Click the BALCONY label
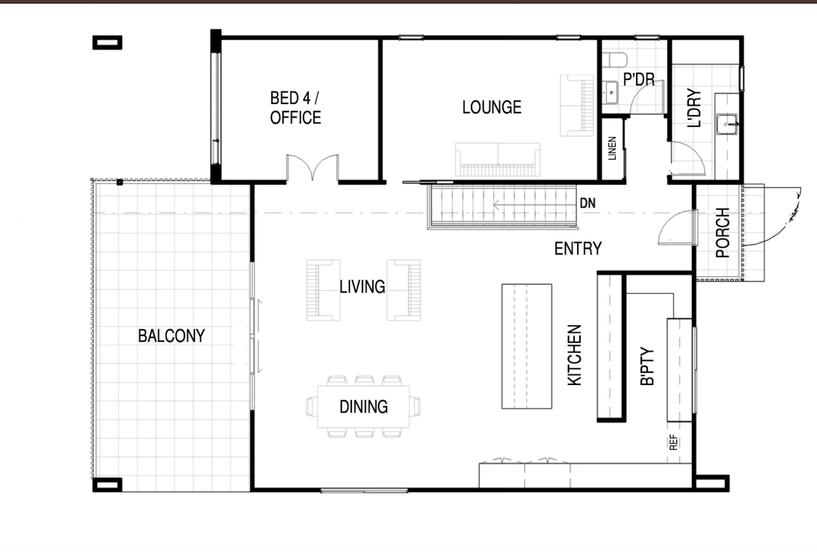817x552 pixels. [x=172, y=336]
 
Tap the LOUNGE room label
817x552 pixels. [x=491, y=107]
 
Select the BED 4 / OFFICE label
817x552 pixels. [x=295, y=107]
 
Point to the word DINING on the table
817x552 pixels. [x=364, y=407]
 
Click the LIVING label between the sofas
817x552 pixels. [x=362, y=287]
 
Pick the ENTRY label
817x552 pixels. [x=578, y=249]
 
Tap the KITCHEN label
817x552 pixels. [x=574, y=355]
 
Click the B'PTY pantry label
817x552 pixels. [x=647, y=366]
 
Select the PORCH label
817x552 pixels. [x=722, y=233]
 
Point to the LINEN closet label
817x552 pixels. [x=612, y=148]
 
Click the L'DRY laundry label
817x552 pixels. [x=694, y=108]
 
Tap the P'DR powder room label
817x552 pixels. [x=639, y=79]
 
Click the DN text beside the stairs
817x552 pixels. [x=588, y=203]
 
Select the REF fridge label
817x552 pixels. [x=673, y=442]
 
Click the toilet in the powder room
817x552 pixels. [x=614, y=60]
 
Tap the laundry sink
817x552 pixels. [x=727, y=124]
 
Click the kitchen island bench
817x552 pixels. [x=526, y=346]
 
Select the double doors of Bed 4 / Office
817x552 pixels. [x=313, y=168]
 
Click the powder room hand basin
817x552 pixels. [x=611, y=93]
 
